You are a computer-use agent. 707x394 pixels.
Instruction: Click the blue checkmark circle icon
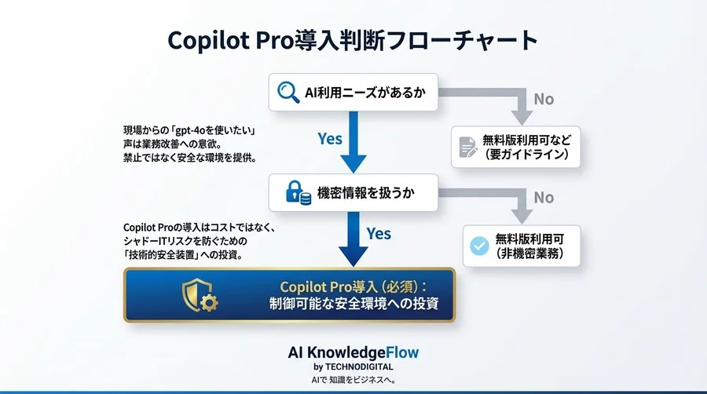[x=478, y=246]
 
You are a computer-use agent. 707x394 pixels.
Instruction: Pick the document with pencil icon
[x=467, y=146]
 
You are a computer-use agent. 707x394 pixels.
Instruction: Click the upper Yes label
[x=330, y=139]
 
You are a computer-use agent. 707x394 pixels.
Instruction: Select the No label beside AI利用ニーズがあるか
[x=544, y=100]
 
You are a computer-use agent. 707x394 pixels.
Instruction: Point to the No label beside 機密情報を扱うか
[x=544, y=198]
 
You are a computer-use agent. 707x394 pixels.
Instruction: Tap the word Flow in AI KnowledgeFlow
[x=401, y=352]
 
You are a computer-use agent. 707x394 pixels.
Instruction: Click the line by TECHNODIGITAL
[x=353, y=367]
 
